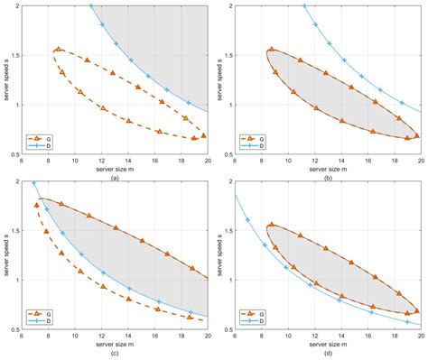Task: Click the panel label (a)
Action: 113,178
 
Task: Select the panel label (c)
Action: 113,353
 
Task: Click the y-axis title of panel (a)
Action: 6,78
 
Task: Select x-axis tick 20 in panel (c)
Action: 208,337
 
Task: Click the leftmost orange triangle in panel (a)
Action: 58,50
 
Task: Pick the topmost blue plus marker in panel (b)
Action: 304,6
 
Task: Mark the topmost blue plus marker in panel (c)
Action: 34,183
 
